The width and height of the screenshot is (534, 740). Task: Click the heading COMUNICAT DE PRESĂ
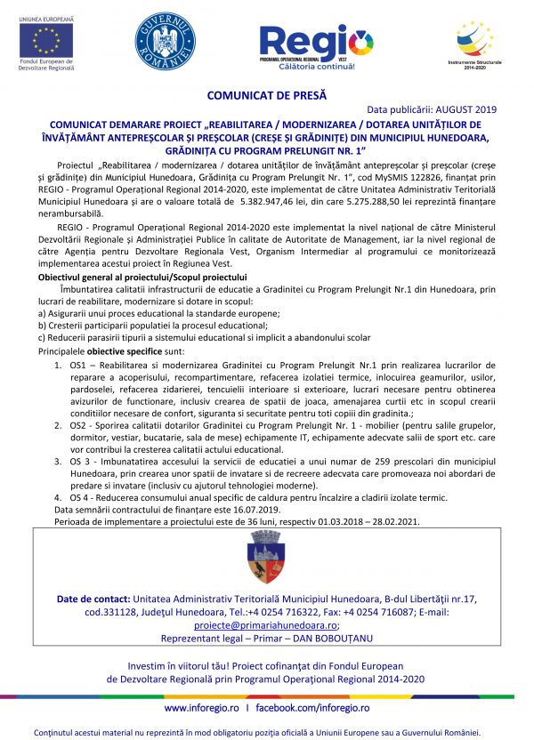click(267, 92)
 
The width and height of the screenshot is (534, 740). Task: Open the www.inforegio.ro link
click(202, 708)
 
